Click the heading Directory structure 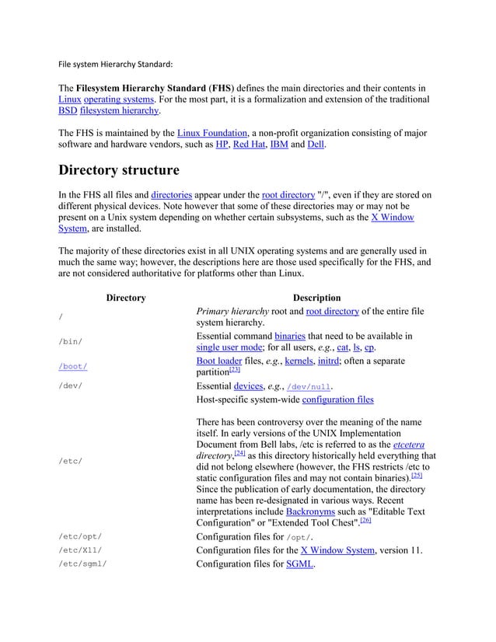tap(119, 169)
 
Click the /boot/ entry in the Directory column tap(73, 366)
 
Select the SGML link tap(299, 563)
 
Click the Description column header tap(316, 298)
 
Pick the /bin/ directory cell tap(71, 341)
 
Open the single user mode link tap(229, 347)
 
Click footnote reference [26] tap(366, 524)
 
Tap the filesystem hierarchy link tap(115, 111)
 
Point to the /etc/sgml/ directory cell tap(82, 563)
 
